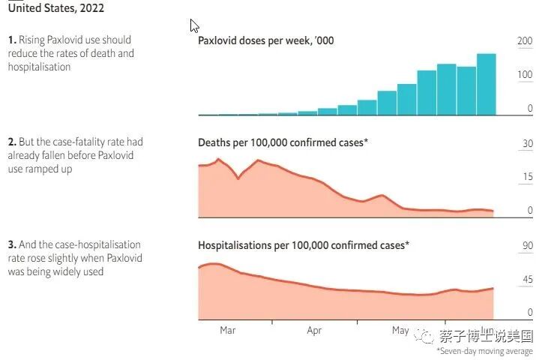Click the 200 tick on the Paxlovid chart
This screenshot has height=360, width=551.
(525, 40)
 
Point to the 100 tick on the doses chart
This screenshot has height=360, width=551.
(525, 75)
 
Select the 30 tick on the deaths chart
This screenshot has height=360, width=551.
(528, 143)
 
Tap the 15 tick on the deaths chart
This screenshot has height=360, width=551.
(528, 177)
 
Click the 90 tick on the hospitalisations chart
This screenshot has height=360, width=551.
(528, 246)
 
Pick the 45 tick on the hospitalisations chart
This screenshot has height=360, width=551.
(528, 280)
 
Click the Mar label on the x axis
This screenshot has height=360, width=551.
(228, 330)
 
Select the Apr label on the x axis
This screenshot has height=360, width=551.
(314, 330)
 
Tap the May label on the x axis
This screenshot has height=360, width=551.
(400, 330)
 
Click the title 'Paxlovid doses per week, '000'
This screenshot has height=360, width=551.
(265, 40)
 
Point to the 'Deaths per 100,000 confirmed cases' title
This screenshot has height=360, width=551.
(283, 142)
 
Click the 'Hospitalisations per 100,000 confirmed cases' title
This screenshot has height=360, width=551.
(304, 245)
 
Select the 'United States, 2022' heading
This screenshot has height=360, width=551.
(55, 9)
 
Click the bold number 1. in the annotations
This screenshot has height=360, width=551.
(12, 40)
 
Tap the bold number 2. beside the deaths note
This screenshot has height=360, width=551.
(12, 142)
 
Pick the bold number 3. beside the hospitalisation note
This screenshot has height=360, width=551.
(12, 244)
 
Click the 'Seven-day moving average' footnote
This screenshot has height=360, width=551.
(485, 351)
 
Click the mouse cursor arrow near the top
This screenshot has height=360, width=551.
(193, 25)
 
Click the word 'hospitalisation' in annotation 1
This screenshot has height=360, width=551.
(39, 67)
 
